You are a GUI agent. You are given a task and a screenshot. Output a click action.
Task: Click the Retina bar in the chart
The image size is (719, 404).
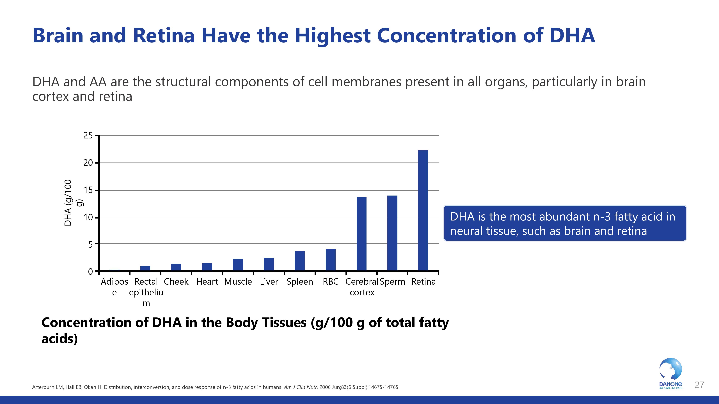point(423,210)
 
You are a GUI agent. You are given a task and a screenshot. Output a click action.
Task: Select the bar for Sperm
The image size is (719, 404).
point(392,233)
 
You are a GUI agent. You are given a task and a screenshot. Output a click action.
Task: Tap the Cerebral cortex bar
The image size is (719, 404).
point(361,234)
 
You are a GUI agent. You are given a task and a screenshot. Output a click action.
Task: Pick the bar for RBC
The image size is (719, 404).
point(331,260)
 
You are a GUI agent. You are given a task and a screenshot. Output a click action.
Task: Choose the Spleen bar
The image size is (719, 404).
point(299,261)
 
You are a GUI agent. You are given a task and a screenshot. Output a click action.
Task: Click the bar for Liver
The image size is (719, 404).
point(269,264)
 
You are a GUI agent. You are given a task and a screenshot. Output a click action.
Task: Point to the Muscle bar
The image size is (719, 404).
point(238,265)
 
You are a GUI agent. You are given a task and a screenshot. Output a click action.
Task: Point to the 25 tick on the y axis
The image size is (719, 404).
point(88,136)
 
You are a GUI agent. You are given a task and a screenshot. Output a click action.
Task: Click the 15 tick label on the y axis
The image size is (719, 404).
point(88,191)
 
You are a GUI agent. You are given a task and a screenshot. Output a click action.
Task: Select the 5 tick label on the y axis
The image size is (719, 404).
point(90,245)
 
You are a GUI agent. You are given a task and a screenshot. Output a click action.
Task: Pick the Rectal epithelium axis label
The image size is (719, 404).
point(146,292)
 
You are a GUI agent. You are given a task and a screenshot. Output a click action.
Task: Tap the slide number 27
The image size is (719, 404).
point(699,385)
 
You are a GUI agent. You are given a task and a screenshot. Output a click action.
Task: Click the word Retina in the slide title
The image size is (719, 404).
point(164,36)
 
